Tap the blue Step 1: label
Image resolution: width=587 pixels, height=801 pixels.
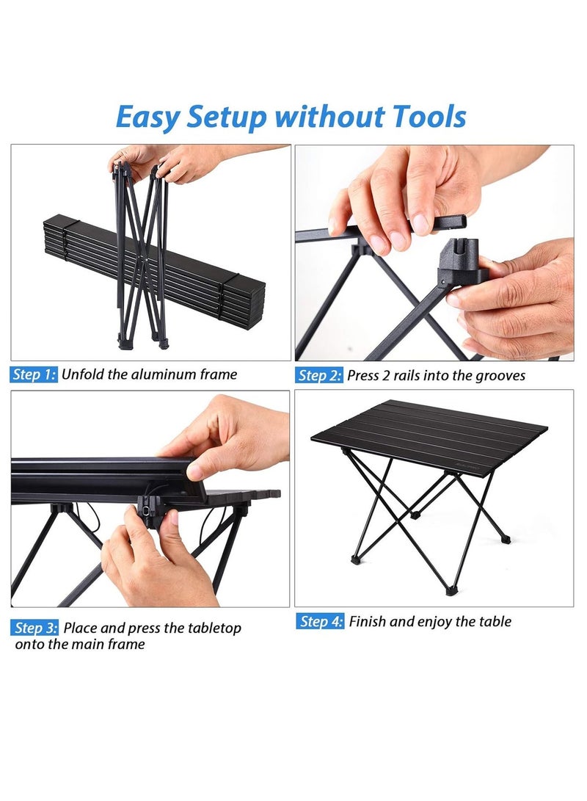click(34, 374)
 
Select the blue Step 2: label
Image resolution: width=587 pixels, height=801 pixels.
click(319, 375)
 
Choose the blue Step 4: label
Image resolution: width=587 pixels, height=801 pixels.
click(321, 622)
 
